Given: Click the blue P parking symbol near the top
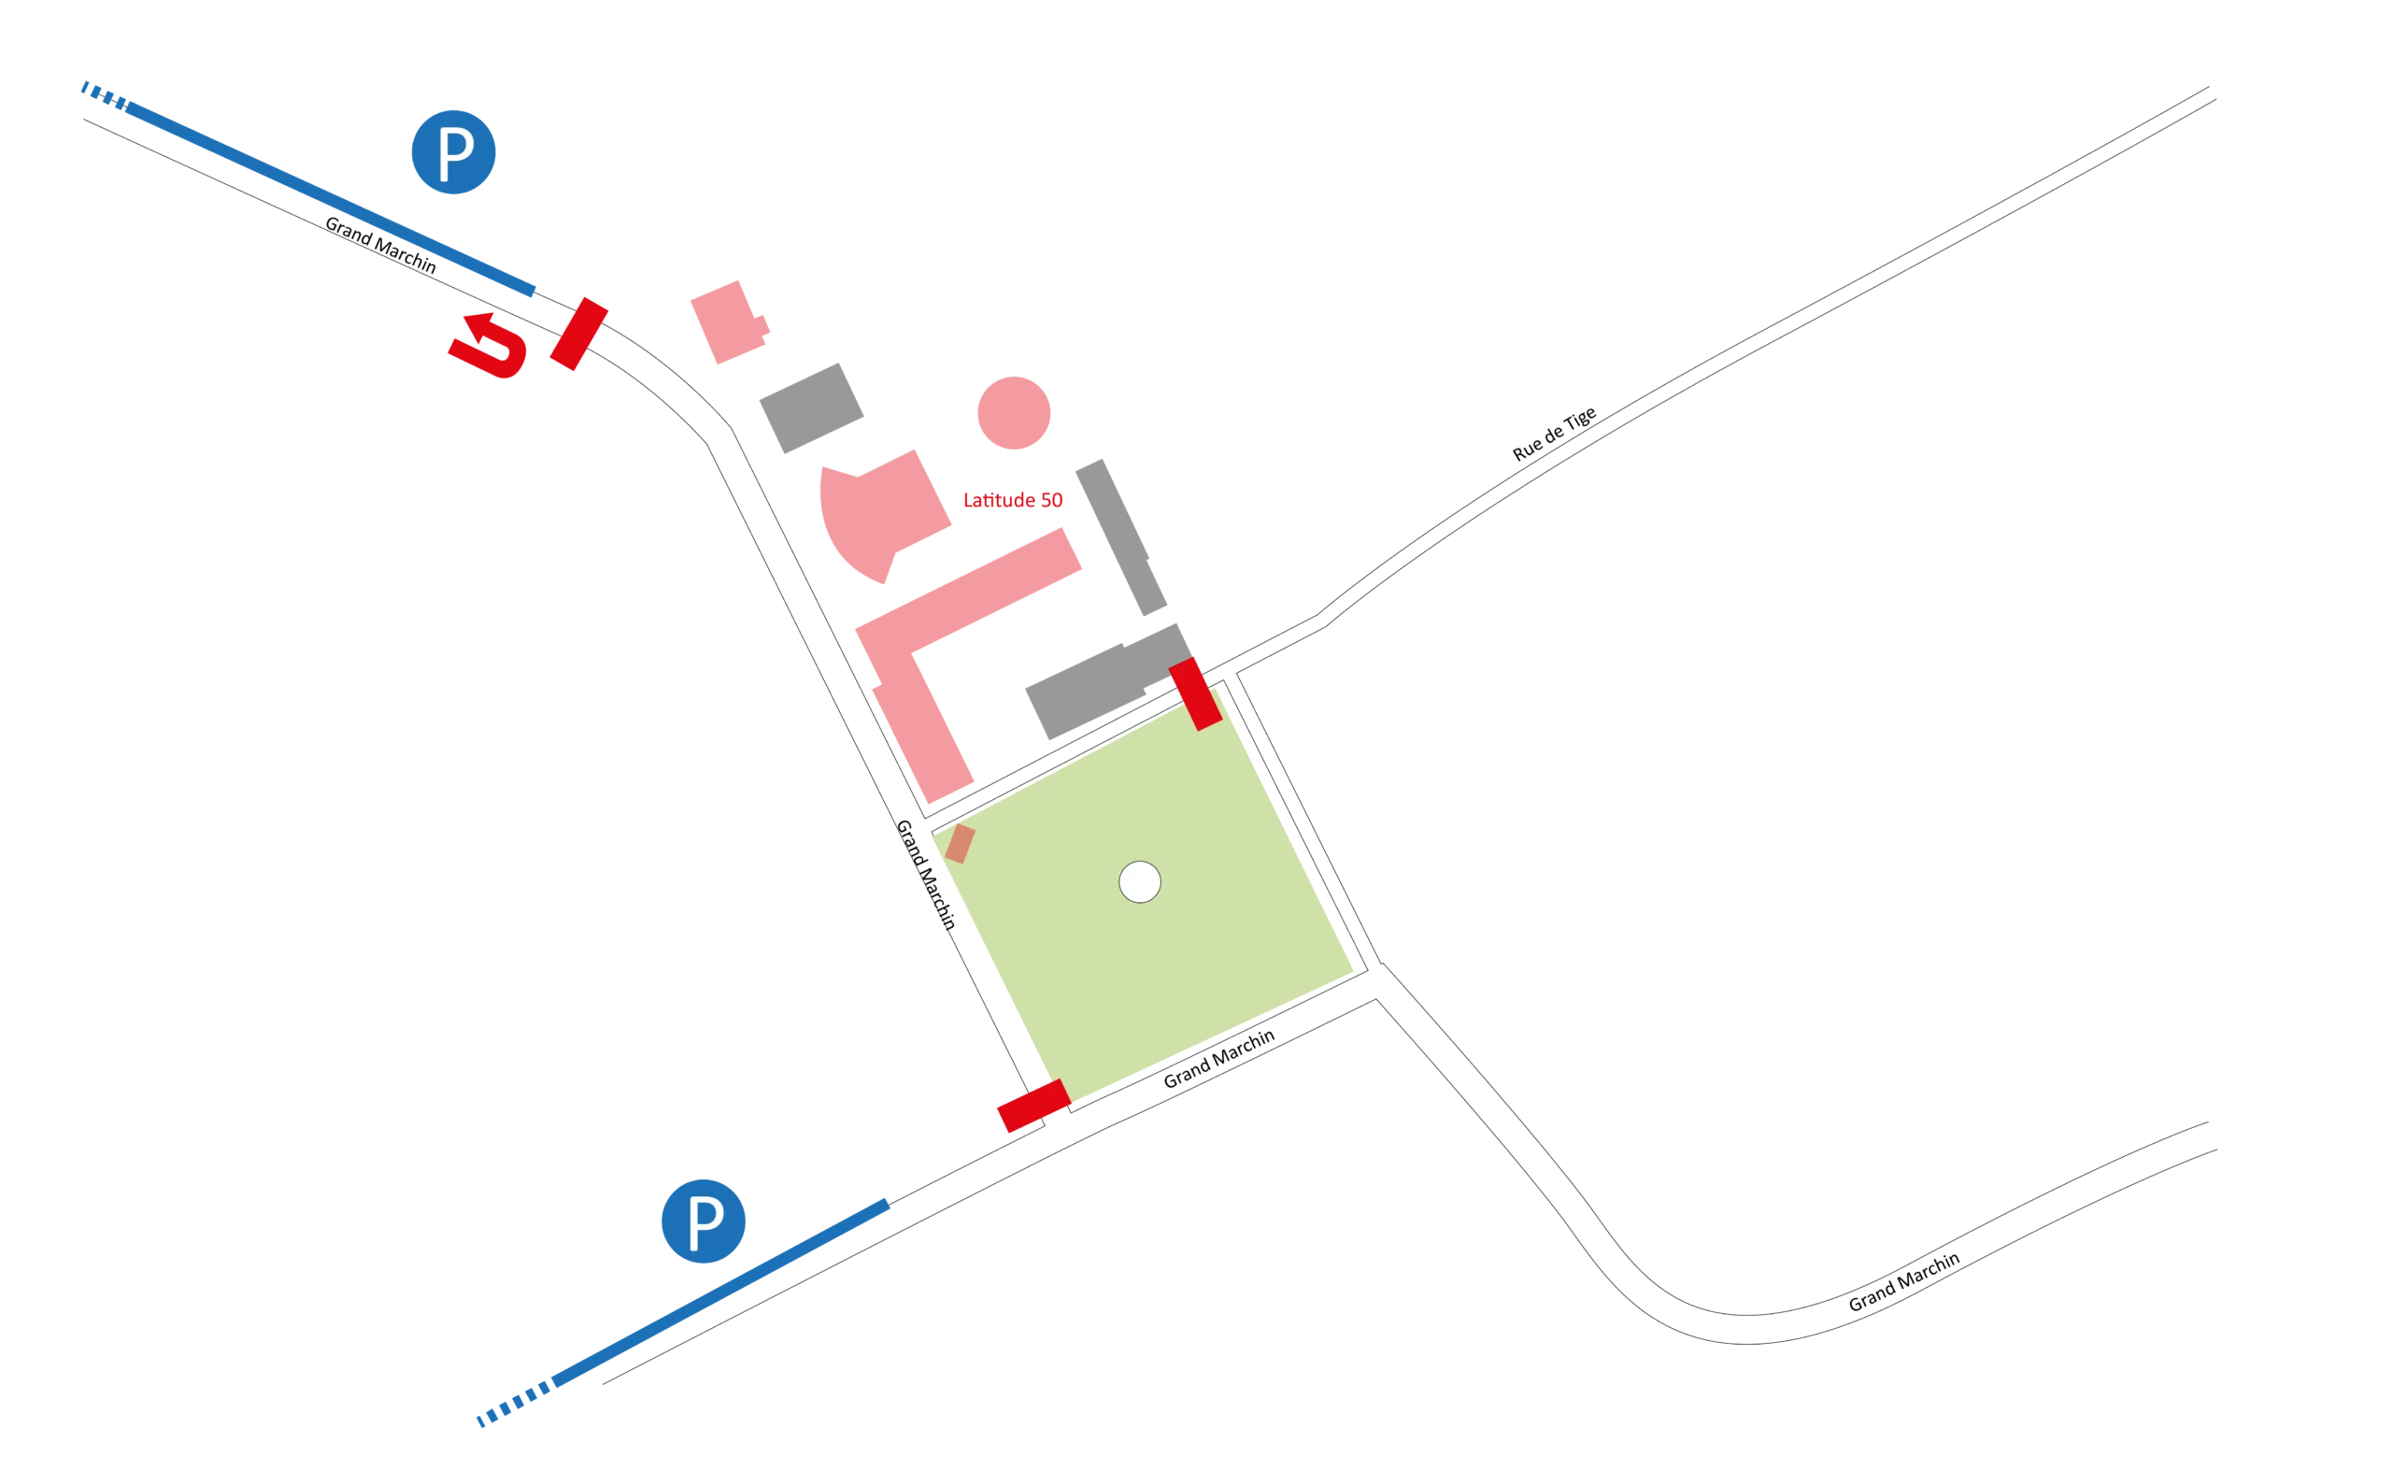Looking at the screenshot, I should tap(454, 151).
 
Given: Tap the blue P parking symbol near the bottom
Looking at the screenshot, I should tap(703, 1221).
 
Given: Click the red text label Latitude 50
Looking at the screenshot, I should tap(1013, 500).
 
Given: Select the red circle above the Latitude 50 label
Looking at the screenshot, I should tap(1013, 413).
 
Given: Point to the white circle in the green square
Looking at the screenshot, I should tap(1139, 882).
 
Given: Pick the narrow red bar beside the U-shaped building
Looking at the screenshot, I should tap(578, 335).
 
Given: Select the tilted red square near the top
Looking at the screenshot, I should tap(730, 322).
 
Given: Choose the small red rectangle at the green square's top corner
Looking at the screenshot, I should tap(1194, 693).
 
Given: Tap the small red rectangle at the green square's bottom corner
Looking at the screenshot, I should tap(1033, 1107).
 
